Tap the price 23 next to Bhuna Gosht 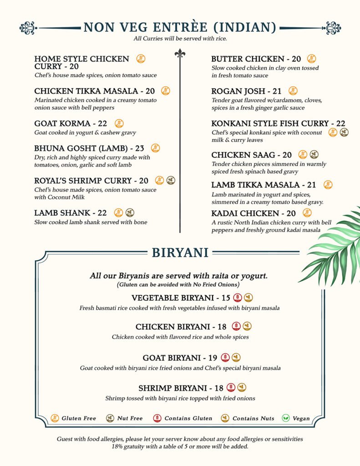point(140,148)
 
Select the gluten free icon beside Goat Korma point(119,123)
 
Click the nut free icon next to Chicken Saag point(314,155)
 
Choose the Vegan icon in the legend point(286,418)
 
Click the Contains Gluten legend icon point(157,418)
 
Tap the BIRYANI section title point(180,253)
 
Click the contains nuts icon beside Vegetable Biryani point(248,298)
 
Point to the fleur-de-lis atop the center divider point(180,54)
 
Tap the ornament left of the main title point(28,28)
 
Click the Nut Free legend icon point(110,418)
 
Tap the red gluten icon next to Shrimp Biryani point(231,388)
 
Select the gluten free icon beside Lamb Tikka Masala point(328,185)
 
